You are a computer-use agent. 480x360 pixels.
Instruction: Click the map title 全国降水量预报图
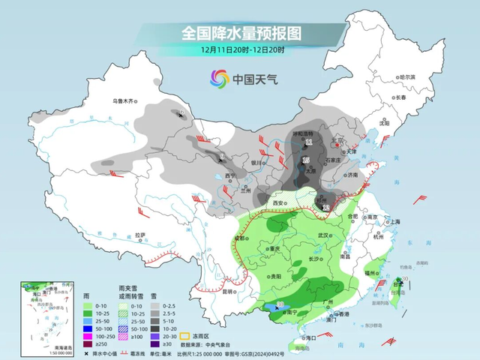[x=241, y=33]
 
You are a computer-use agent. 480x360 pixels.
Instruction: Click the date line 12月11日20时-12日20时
[x=240, y=49]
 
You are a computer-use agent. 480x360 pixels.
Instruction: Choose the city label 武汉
[x=323, y=235]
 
